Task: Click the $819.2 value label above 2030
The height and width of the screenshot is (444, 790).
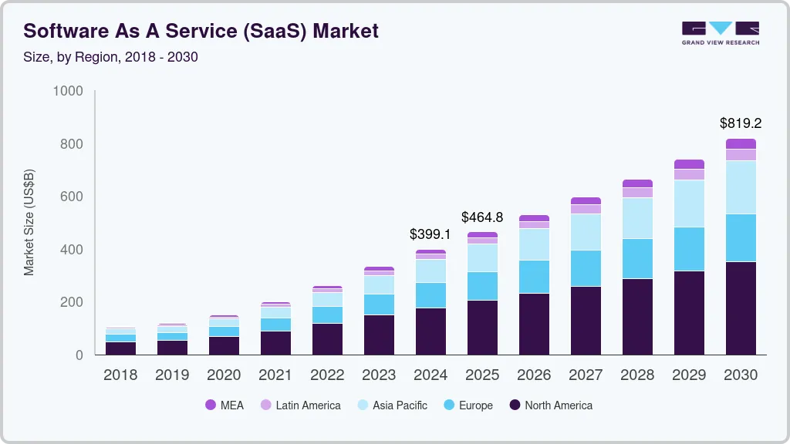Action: tap(741, 123)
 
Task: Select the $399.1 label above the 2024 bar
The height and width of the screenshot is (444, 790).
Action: tap(430, 234)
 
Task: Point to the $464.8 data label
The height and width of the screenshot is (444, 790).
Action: tap(482, 217)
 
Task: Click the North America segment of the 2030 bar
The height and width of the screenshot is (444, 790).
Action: tap(741, 308)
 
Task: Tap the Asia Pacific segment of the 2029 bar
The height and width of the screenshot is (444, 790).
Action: tap(689, 203)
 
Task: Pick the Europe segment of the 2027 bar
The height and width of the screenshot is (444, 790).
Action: tap(586, 268)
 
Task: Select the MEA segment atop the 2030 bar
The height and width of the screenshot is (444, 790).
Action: tap(741, 144)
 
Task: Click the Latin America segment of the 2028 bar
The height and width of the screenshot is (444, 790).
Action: tap(637, 193)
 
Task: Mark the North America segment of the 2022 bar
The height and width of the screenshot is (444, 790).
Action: tap(327, 339)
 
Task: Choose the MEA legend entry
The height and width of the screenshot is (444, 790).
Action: tap(225, 405)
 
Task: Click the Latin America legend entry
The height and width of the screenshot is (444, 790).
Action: tap(300, 405)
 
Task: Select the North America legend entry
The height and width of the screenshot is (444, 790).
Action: tap(551, 405)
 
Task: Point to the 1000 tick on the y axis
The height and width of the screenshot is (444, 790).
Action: tap(68, 91)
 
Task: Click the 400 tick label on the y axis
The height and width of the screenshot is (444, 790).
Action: tap(73, 250)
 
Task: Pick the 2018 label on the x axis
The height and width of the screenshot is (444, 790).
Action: tap(120, 375)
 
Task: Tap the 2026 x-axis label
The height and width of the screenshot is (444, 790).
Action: tap(534, 375)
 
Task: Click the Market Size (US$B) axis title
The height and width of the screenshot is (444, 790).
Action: tap(29, 223)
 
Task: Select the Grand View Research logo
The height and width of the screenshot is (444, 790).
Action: tap(720, 32)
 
